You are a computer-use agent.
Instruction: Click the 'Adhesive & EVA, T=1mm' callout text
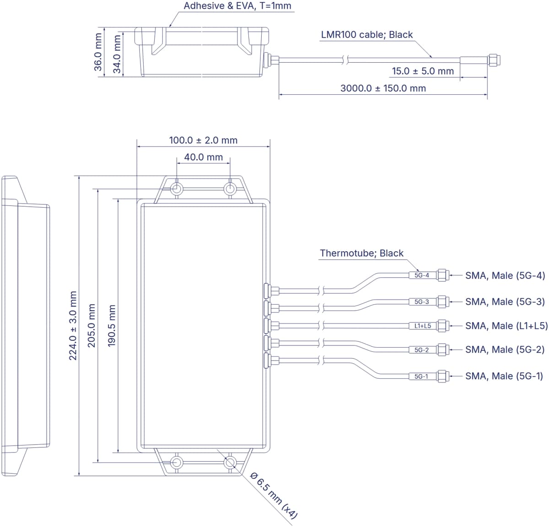pyautogui.click(x=237, y=5)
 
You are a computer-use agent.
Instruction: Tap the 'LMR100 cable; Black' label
pyautogui.click(x=367, y=34)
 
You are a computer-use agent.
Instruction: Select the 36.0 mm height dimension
pyautogui.click(x=98, y=52)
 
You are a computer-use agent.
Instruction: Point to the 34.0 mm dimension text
pyautogui.click(x=117, y=54)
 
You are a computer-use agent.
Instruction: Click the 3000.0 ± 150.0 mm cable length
pyautogui.click(x=383, y=88)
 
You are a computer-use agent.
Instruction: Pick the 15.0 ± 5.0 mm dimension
pyautogui.click(x=423, y=71)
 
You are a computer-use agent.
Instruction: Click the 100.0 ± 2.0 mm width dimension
pyautogui.click(x=203, y=140)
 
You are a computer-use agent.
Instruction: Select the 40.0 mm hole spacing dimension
pyautogui.click(x=204, y=157)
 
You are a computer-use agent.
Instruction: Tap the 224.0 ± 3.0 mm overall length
pyautogui.click(x=73, y=326)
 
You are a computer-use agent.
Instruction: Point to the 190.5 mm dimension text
pyautogui.click(x=112, y=326)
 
